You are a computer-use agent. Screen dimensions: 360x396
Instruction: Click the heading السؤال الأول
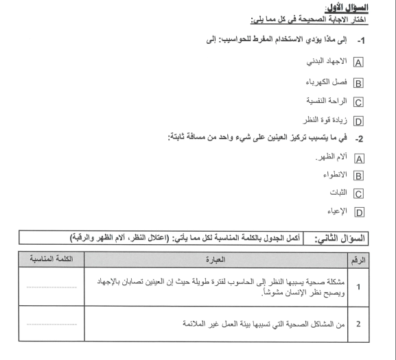click(x=368, y=8)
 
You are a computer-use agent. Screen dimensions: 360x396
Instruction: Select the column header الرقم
click(x=379, y=261)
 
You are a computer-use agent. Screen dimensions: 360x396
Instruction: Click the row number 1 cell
click(x=379, y=290)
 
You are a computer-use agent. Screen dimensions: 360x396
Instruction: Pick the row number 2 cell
click(x=379, y=325)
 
